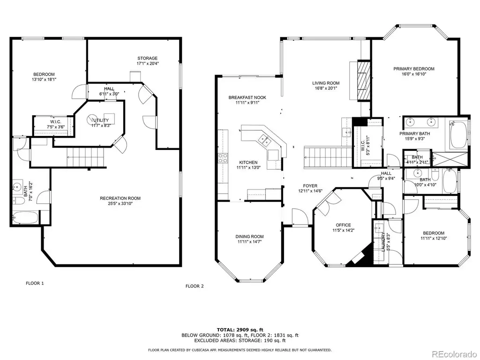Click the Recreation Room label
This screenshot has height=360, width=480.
pyautogui.click(x=120, y=198)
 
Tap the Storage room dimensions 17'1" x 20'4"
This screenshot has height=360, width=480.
pyautogui.click(x=148, y=64)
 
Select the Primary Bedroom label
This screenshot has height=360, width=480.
pyautogui.click(x=414, y=69)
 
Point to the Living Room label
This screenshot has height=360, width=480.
pyautogui.click(x=326, y=83)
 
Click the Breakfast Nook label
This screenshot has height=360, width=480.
pyautogui.click(x=247, y=97)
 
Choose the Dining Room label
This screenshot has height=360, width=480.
pyautogui.click(x=249, y=236)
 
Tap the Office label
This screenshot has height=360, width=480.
pyautogui.click(x=343, y=225)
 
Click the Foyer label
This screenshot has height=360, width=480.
pyautogui.click(x=310, y=186)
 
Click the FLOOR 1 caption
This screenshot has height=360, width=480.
pyautogui.click(x=35, y=283)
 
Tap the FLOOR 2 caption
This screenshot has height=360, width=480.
pyautogui.click(x=195, y=286)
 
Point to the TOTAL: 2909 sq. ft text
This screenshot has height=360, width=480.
pyautogui.click(x=240, y=330)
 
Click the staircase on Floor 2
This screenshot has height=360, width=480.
pyautogui.click(x=328, y=157)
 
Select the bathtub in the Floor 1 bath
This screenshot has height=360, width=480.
pyautogui.click(x=26, y=218)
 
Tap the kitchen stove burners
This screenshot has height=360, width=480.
pyautogui.click(x=223, y=158)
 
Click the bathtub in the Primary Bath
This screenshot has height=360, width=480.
pyautogui.click(x=458, y=135)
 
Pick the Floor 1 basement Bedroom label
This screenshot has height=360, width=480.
pyautogui.click(x=44, y=75)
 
